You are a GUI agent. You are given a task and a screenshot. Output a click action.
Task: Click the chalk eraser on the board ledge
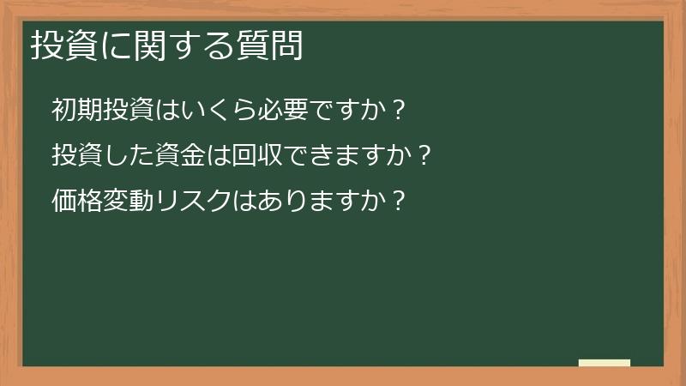[604, 363]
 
